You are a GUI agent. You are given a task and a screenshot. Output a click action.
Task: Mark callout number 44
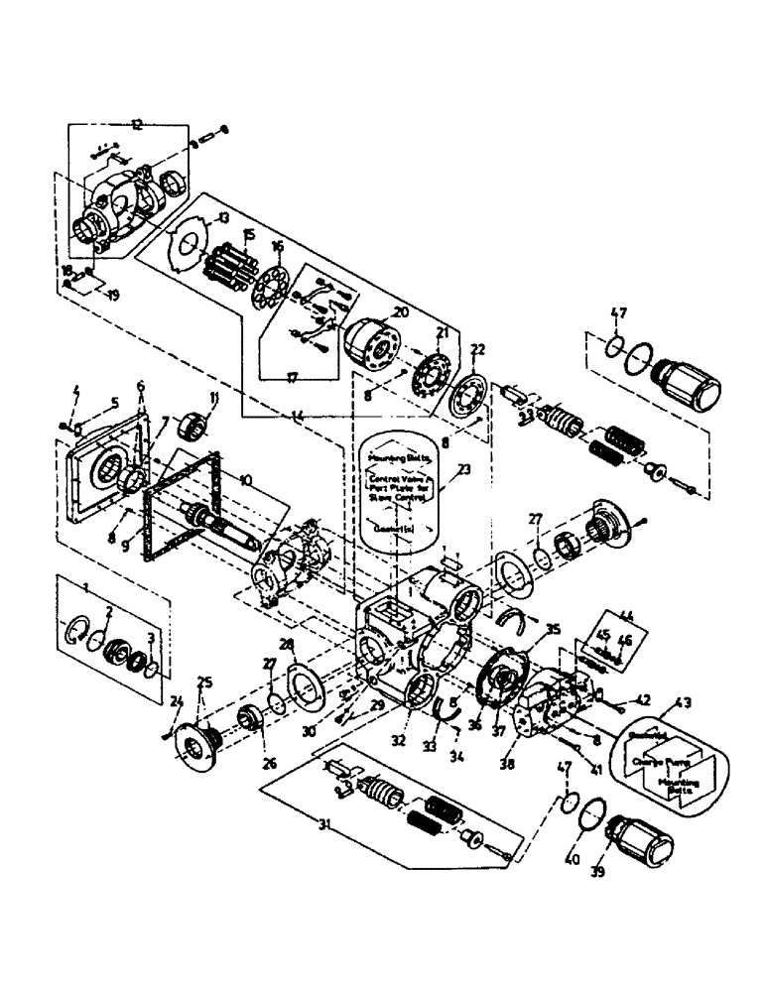(624, 616)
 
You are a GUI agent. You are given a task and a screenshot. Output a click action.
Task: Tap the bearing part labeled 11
(194, 432)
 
